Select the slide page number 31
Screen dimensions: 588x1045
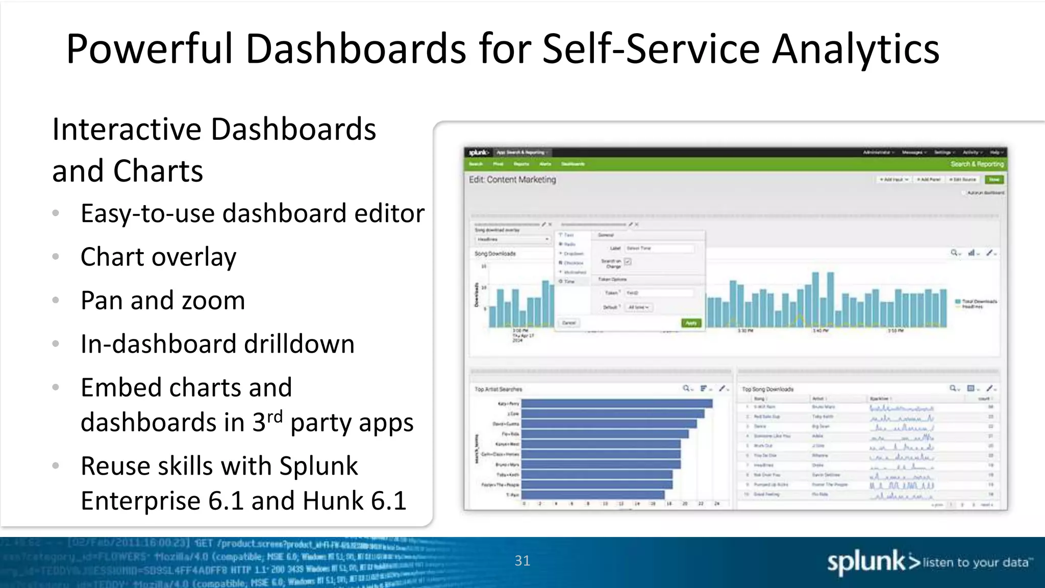click(x=522, y=560)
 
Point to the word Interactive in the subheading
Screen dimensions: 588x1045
click(x=127, y=129)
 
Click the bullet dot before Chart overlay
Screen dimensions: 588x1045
click(x=56, y=256)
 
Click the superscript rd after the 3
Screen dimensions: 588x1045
click(x=275, y=416)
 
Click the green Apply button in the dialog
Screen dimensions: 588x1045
click(x=691, y=323)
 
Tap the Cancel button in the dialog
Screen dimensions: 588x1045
click(x=569, y=323)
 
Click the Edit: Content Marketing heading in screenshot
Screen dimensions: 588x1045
click(x=512, y=180)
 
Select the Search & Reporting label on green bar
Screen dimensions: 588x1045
click(x=977, y=164)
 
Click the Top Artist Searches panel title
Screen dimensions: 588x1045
click(x=498, y=389)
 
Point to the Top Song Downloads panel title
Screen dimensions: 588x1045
click(x=767, y=389)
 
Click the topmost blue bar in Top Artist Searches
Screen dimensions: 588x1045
click(x=616, y=404)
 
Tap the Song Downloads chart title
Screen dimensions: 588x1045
click(x=495, y=254)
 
